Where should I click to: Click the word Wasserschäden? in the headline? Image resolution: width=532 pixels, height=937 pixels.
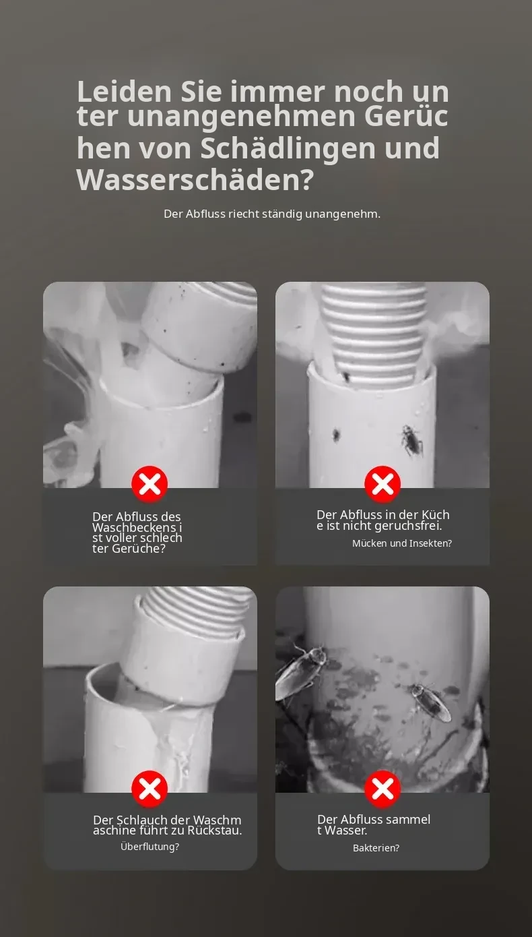[x=195, y=180]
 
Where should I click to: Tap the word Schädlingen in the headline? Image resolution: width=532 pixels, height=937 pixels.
[x=288, y=148]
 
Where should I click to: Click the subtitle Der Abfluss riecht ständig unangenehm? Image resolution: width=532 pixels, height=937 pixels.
[x=272, y=214]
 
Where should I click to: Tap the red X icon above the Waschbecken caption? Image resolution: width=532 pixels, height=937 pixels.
[x=149, y=484]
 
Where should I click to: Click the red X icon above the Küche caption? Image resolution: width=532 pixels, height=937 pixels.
[x=383, y=484]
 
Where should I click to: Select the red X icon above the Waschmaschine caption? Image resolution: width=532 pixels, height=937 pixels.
[x=149, y=789]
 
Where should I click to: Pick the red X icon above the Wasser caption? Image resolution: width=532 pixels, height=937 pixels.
[x=383, y=789]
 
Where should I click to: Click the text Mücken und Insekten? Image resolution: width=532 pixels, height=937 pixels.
[x=402, y=543]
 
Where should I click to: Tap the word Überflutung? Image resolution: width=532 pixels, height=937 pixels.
[x=149, y=846]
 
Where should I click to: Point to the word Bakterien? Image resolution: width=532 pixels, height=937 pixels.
[x=376, y=847]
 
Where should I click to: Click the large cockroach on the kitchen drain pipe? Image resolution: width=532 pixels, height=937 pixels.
[x=413, y=440]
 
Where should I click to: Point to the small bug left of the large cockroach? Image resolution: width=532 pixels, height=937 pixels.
[x=336, y=435]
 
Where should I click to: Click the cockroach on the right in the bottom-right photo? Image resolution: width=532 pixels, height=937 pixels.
[x=430, y=702]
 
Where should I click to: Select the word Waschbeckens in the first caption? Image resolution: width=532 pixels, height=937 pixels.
[x=134, y=528]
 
